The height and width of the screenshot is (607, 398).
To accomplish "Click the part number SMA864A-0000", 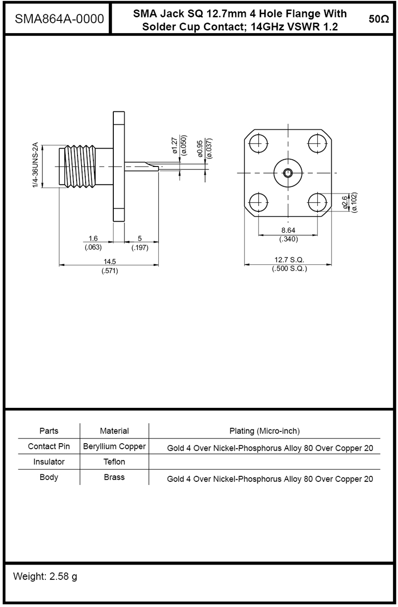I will pos(60,19).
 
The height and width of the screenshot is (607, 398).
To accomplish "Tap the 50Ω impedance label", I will pos(378,19).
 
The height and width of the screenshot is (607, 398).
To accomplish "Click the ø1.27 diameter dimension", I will pos(175,145).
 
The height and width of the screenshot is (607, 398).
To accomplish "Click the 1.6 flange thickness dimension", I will pos(93,238).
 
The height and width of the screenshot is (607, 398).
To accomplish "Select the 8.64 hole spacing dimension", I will pos(289,230).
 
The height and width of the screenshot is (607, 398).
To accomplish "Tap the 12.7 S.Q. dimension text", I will pos(289,260).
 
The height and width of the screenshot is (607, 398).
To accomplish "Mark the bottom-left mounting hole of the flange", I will pos(259,203).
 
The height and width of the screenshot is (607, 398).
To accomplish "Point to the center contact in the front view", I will pos(289,173).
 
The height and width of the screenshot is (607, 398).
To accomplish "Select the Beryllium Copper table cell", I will pos(114,447).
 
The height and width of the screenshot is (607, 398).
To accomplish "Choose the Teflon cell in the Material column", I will pos(114,462).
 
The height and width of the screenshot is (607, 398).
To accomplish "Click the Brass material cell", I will pos(114,478).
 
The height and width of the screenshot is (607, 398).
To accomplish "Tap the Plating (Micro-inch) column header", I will pos(264,431).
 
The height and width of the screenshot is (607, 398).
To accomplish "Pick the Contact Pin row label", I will pos(49,447).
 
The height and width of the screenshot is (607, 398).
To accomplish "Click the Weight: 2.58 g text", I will pos(45,577).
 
